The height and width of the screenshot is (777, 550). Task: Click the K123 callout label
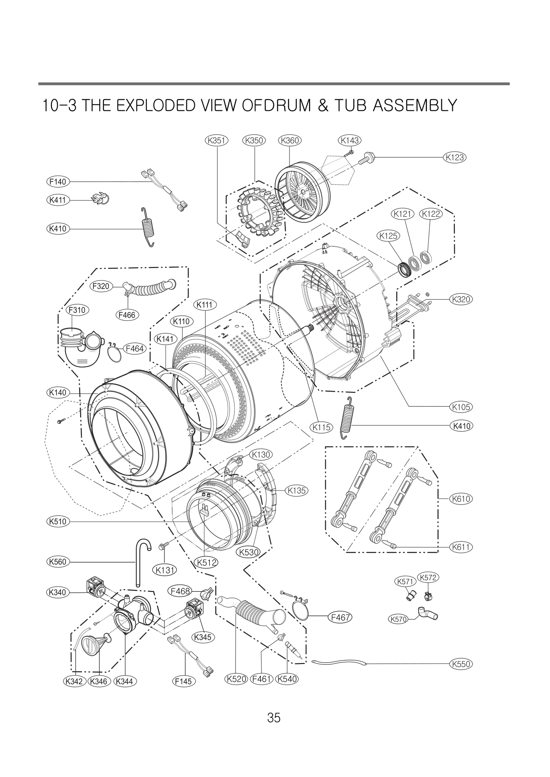[x=454, y=157]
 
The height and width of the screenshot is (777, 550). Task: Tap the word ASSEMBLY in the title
[x=415, y=105]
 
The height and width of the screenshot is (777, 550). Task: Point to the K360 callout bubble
[x=289, y=140]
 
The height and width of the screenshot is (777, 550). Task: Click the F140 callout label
[x=58, y=181]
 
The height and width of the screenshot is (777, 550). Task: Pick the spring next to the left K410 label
[x=148, y=227]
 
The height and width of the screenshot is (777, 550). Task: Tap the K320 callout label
[x=461, y=299]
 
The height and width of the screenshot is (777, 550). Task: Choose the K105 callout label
[x=461, y=407]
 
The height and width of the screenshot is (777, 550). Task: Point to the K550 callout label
[x=461, y=664]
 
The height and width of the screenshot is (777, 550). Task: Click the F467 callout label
[x=340, y=617]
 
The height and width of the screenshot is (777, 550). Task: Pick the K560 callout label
[x=58, y=562]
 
